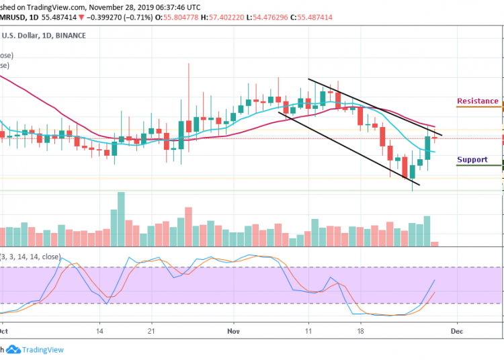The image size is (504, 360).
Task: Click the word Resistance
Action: pyautogui.click(x=478, y=101)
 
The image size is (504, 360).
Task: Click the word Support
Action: pyautogui.click(x=472, y=160)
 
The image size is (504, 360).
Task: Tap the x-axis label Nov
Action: pyautogui.click(x=234, y=331)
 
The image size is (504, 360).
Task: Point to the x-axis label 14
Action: pyautogui.click(x=99, y=331)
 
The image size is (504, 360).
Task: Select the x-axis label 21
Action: pyautogui.click(x=152, y=331)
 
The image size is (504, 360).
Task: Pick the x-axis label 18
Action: pyautogui.click(x=362, y=331)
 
